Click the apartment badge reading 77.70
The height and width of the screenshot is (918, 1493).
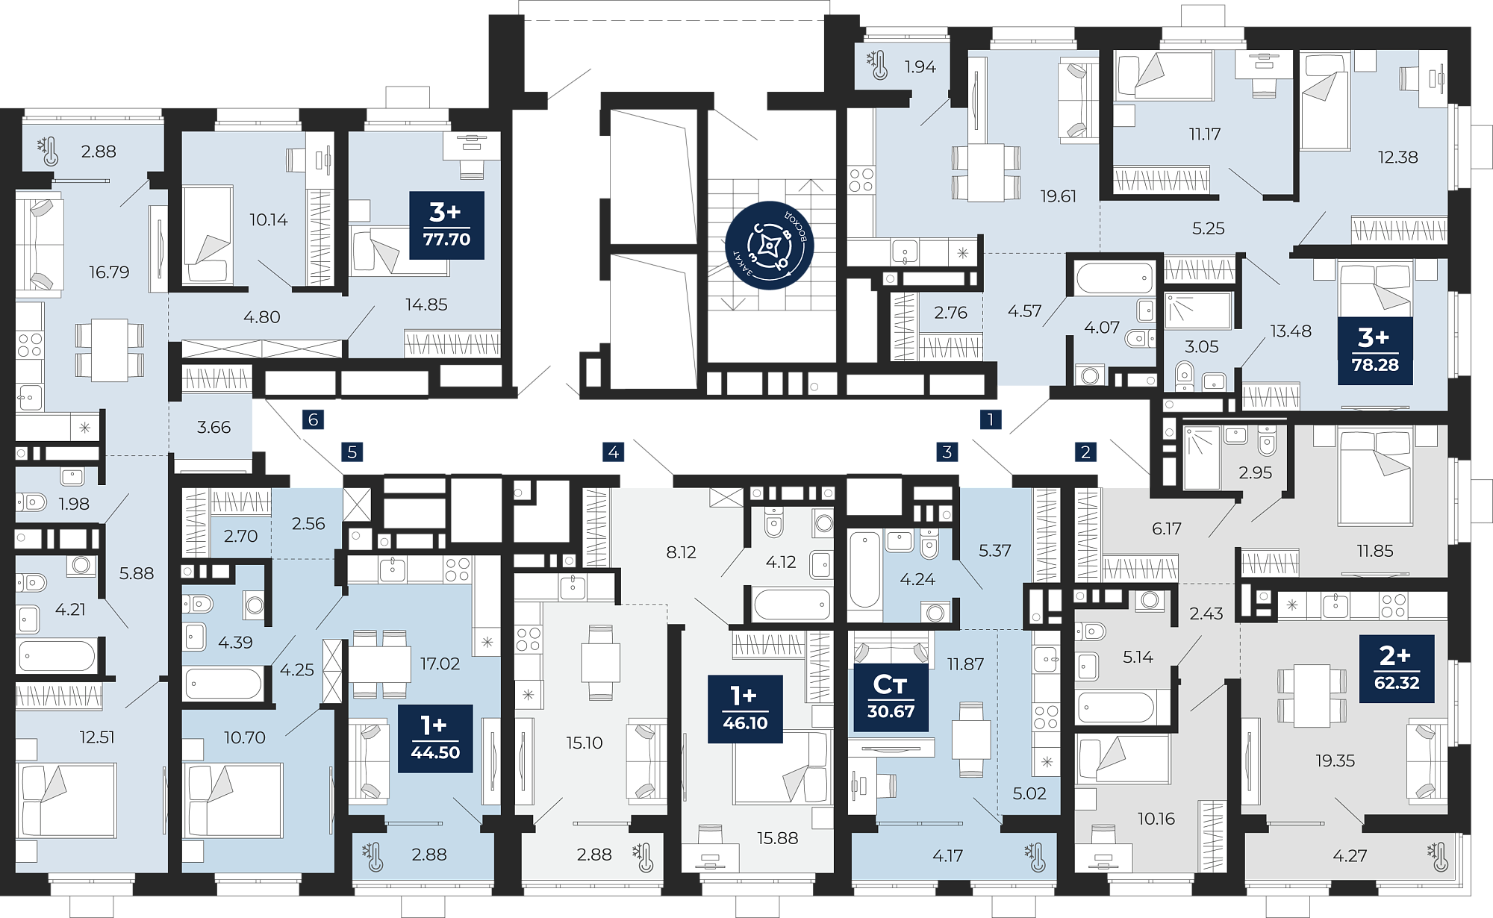pyautogui.click(x=446, y=225)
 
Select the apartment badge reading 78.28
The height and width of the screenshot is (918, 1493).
pyautogui.click(x=1375, y=351)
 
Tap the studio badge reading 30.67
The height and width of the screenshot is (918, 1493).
pyautogui.click(x=891, y=697)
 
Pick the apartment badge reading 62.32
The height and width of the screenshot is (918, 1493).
pyautogui.click(x=1397, y=669)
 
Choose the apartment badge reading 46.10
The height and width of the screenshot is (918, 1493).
pyautogui.click(x=745, y=709)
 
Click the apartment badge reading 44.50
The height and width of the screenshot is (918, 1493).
pyautogui.click(x=435, y=738)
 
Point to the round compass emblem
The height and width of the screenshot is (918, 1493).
pyautogui.click(x=770, y=245)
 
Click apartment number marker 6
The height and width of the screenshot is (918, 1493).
pyautogui.click(x=314, y=419)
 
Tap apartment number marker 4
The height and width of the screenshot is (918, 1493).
pyautogui.click(x=614, y=452)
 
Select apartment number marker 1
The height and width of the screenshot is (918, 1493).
pyautogui.click(x=991, y=419)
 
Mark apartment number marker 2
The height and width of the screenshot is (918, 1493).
pyautogui.click(x=1085, y=452)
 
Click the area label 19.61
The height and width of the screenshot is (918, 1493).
pyautogui.click(x=1059, y=196)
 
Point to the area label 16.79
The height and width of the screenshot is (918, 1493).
pyautogui.click(x=109, y=272)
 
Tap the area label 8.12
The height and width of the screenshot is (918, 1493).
pyautogui.click(x=681, y=552)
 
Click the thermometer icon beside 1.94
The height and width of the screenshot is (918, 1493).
pyautogui.click(x=877, y=66)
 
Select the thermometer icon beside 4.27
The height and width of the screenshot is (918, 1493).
pyautogui.click(x=1437, y=857)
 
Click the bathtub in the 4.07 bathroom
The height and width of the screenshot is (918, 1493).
pyautogui.click(x=1115, y=278)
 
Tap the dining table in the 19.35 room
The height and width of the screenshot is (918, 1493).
pyautogui.click(x=1312, y=696)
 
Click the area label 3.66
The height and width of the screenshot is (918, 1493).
pyautogui.click(x=213, y=428)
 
